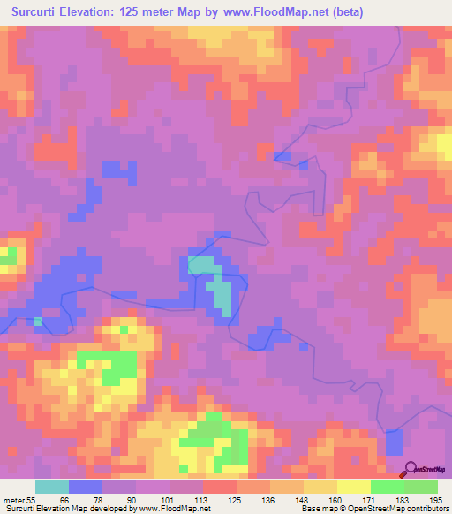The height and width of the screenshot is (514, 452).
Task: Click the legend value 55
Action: point(31,501)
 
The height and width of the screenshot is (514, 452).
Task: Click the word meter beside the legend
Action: point(13,501)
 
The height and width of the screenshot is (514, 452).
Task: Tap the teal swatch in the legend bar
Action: point(51,487)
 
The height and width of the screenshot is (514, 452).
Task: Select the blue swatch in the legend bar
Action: point(86,487)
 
